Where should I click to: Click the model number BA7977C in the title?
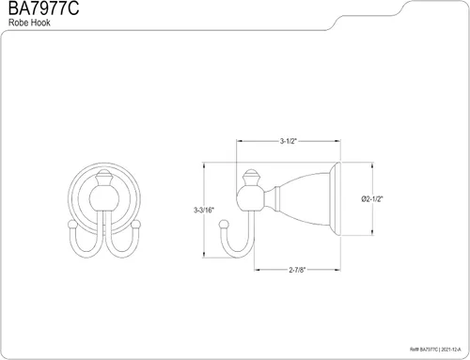(x=43, y=8)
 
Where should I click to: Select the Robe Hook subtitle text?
(x=29, y=23)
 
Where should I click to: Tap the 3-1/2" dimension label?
(x=289, y=141)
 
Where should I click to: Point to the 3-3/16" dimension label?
(x=204, y=210)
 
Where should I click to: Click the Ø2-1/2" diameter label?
(x=372, y=199)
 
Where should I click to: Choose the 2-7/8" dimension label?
(x=297, y=270)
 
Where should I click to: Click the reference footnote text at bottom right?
(x=435, y=349)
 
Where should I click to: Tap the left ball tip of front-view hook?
(x=72, y=225)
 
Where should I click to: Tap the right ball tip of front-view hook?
(x=136, y=225)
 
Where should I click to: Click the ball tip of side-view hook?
(x=224, y=225)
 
